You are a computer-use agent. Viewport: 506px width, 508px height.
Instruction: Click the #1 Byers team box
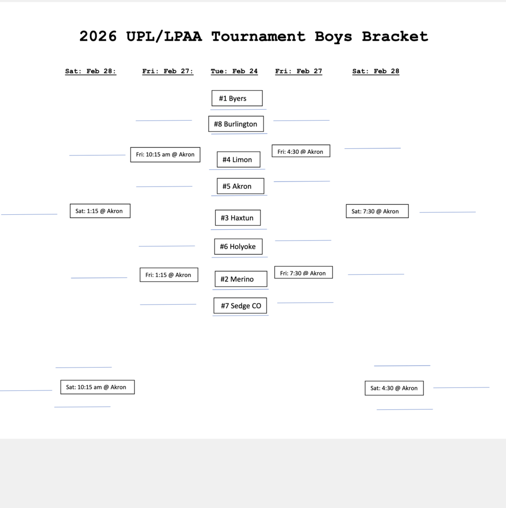pos(237,98)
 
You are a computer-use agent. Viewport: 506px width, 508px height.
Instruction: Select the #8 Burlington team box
pos(236,124)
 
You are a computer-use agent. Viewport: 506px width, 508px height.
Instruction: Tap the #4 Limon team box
pos(238,160)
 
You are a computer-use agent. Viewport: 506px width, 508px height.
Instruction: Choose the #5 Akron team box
pos(240,187)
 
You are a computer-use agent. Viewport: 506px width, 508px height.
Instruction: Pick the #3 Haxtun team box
pos(238,218)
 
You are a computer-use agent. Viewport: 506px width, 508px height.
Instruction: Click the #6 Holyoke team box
pos(238,247)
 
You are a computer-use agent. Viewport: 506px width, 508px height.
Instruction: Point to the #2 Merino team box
pos(241,279)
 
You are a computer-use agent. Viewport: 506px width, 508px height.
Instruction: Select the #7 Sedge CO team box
pos(241,306)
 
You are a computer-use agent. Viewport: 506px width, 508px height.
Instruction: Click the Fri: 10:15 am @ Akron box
pos(165,155)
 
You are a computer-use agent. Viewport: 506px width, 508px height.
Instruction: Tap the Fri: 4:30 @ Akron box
pos(301,151)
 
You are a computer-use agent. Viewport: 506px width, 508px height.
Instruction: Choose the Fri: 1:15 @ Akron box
pos(169,275)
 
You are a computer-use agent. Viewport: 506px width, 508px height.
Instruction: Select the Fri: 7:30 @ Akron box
pos(303,273)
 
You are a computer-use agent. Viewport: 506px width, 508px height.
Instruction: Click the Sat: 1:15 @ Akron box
pos(100,211)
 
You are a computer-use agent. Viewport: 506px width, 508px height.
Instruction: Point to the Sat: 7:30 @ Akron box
pos(377,211)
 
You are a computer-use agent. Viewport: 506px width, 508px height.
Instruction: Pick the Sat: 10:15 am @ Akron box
pos(97,387)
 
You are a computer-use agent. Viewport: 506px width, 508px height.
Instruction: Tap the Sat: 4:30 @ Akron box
pos(394,388)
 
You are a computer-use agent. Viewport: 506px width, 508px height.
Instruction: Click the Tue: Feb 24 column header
pos(234,71)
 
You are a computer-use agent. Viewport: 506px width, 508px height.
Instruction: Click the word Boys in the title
pos(333,36)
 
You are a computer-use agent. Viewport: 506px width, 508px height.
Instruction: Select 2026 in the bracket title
pos(98,36)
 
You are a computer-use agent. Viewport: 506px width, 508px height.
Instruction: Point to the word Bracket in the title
pos(394,36)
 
